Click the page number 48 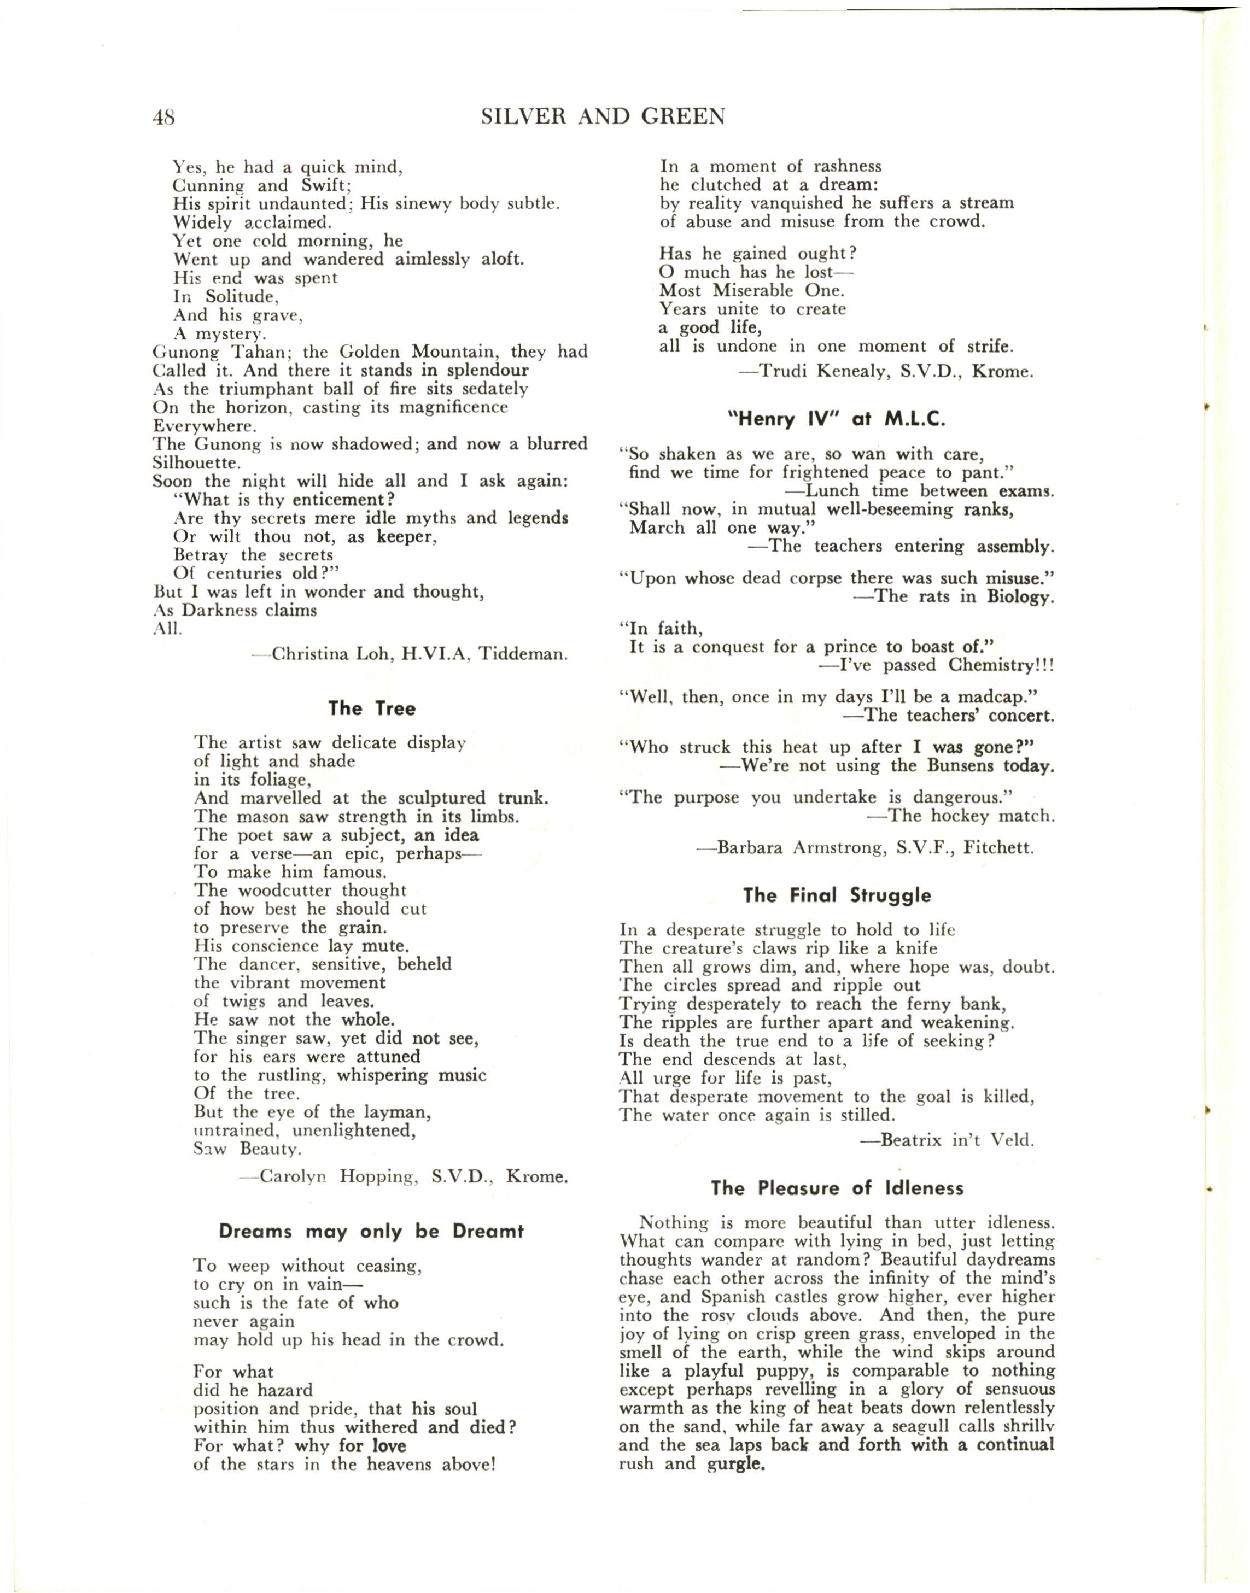pos(163,117)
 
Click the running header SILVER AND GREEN pos(603,116)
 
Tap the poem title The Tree pos(372,708)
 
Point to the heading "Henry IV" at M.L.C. pos(836,419)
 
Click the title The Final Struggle pos(837,895)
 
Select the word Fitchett pos(998,848)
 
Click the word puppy pos(777,1371)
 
